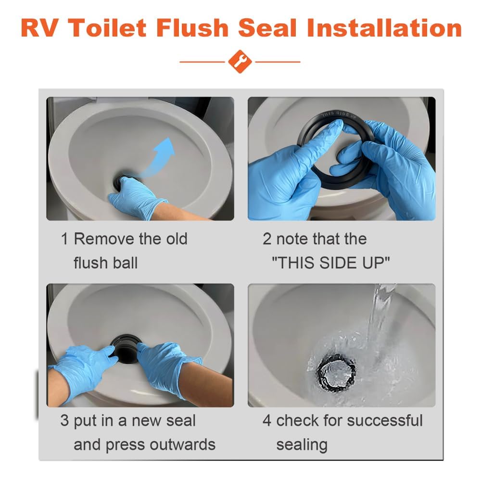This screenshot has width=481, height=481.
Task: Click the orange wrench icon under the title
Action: (x=240, y=62)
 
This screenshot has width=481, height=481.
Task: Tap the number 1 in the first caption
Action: (x=64, y=239)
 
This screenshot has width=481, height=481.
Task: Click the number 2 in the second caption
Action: (x=267, y=239)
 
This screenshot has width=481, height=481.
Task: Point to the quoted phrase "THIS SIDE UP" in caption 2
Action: (x=331, y=263)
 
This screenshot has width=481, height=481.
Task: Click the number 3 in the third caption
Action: (x=64, y=421)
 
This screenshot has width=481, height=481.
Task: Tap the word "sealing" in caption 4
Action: (x=302, y=444)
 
